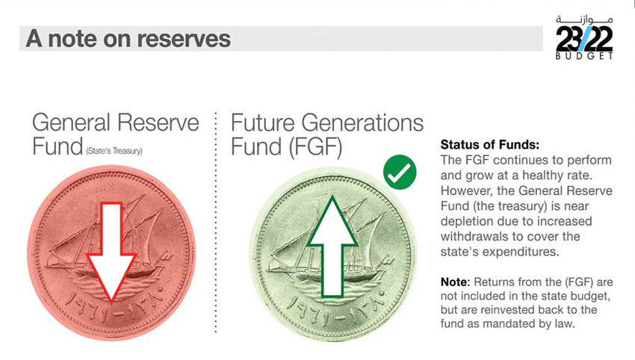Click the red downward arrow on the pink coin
pos(111,251)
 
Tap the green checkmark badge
pos(400,172)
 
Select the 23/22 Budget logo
pos(584,37)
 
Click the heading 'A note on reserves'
pos(128,39)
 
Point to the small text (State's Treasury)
pos(114,151)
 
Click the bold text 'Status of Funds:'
pos(490,145)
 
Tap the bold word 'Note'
pos(455,282)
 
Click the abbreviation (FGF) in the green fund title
pos(315,146)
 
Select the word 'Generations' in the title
pos(362,122)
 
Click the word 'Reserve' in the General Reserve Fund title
pos(158,122)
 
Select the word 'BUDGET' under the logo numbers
pos(584,56)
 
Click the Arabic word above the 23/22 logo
pos(584,19)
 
